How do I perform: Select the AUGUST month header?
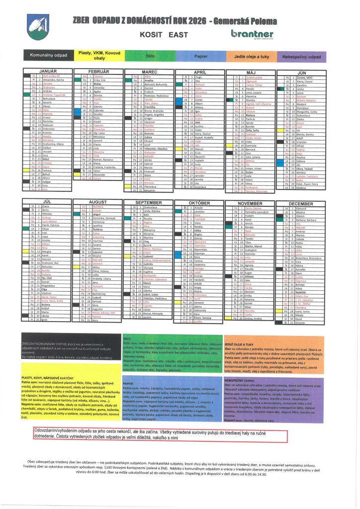[98, 203]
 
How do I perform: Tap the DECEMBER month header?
[300, 203]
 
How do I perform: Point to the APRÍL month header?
[199, 73]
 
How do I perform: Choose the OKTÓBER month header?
[199, 203]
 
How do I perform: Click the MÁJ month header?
[250, 73]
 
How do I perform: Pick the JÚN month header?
[300, 73]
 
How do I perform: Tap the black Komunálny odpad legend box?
[48, 56]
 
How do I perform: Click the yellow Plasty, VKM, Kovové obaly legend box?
[99, 55]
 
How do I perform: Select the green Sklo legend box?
[150, 56]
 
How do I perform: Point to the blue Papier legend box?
[200, 56]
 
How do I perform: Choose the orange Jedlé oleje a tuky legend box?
[251, 56]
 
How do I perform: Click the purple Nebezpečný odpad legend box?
[301, 56]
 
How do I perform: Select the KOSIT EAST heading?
[164, 35]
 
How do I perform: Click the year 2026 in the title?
[198, 21]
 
